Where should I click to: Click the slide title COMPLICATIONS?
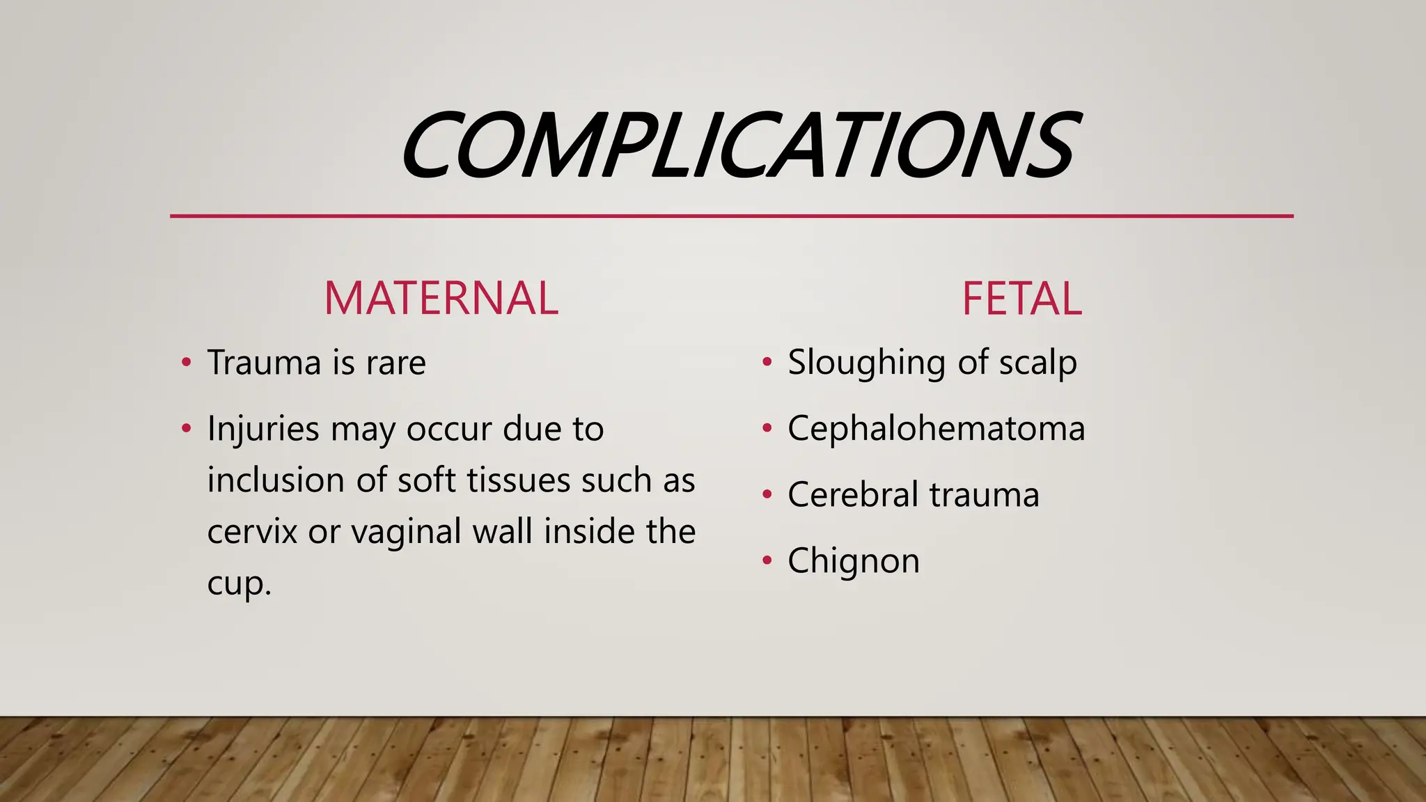(739, 146)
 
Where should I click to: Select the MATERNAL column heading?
(441, 298)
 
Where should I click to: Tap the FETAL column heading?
(1021, 299)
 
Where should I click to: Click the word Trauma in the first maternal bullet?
(264, 363)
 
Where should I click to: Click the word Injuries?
(263, 429)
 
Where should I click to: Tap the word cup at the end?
(237, 584)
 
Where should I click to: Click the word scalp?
(1037, 363)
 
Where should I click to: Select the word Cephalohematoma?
(936, 428)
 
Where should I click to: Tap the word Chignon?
(854, 561)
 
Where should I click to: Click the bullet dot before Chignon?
(767, 560)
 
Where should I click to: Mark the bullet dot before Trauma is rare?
(186, 362)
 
